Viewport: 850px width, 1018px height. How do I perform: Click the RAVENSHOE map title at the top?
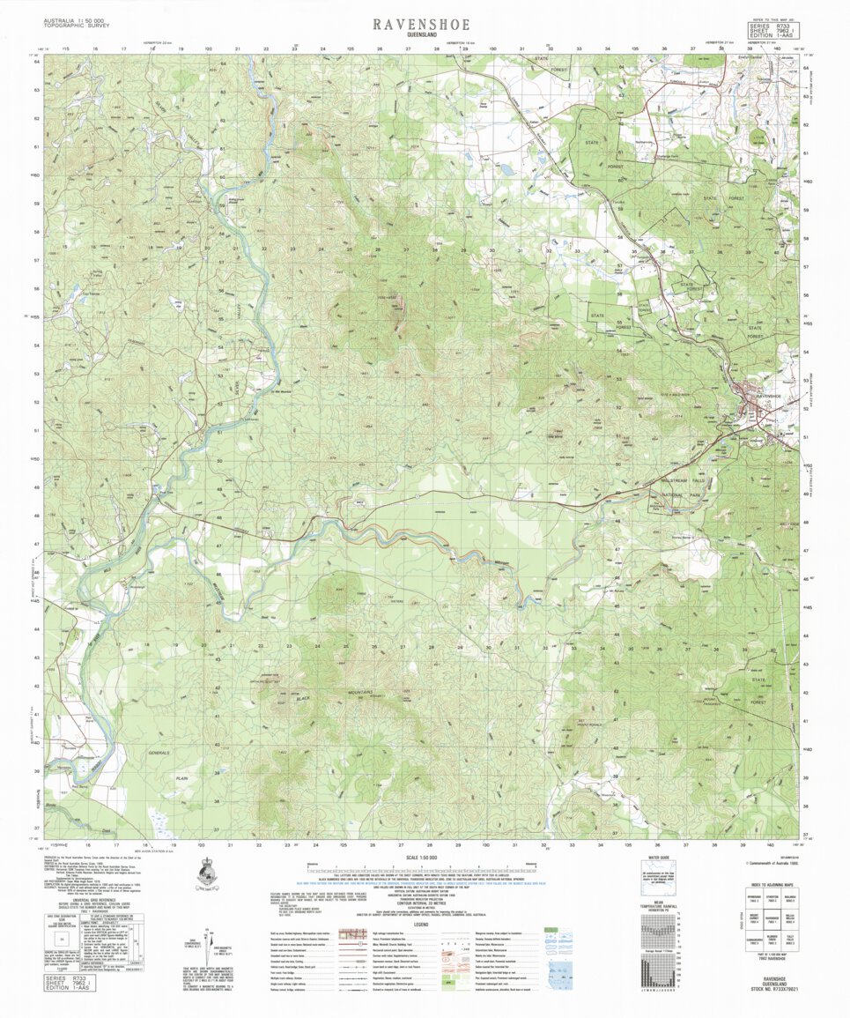pyautogui.click(x=421, y=24)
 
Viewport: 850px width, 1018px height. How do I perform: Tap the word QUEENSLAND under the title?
pyautogui.click(x=421, y=35)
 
